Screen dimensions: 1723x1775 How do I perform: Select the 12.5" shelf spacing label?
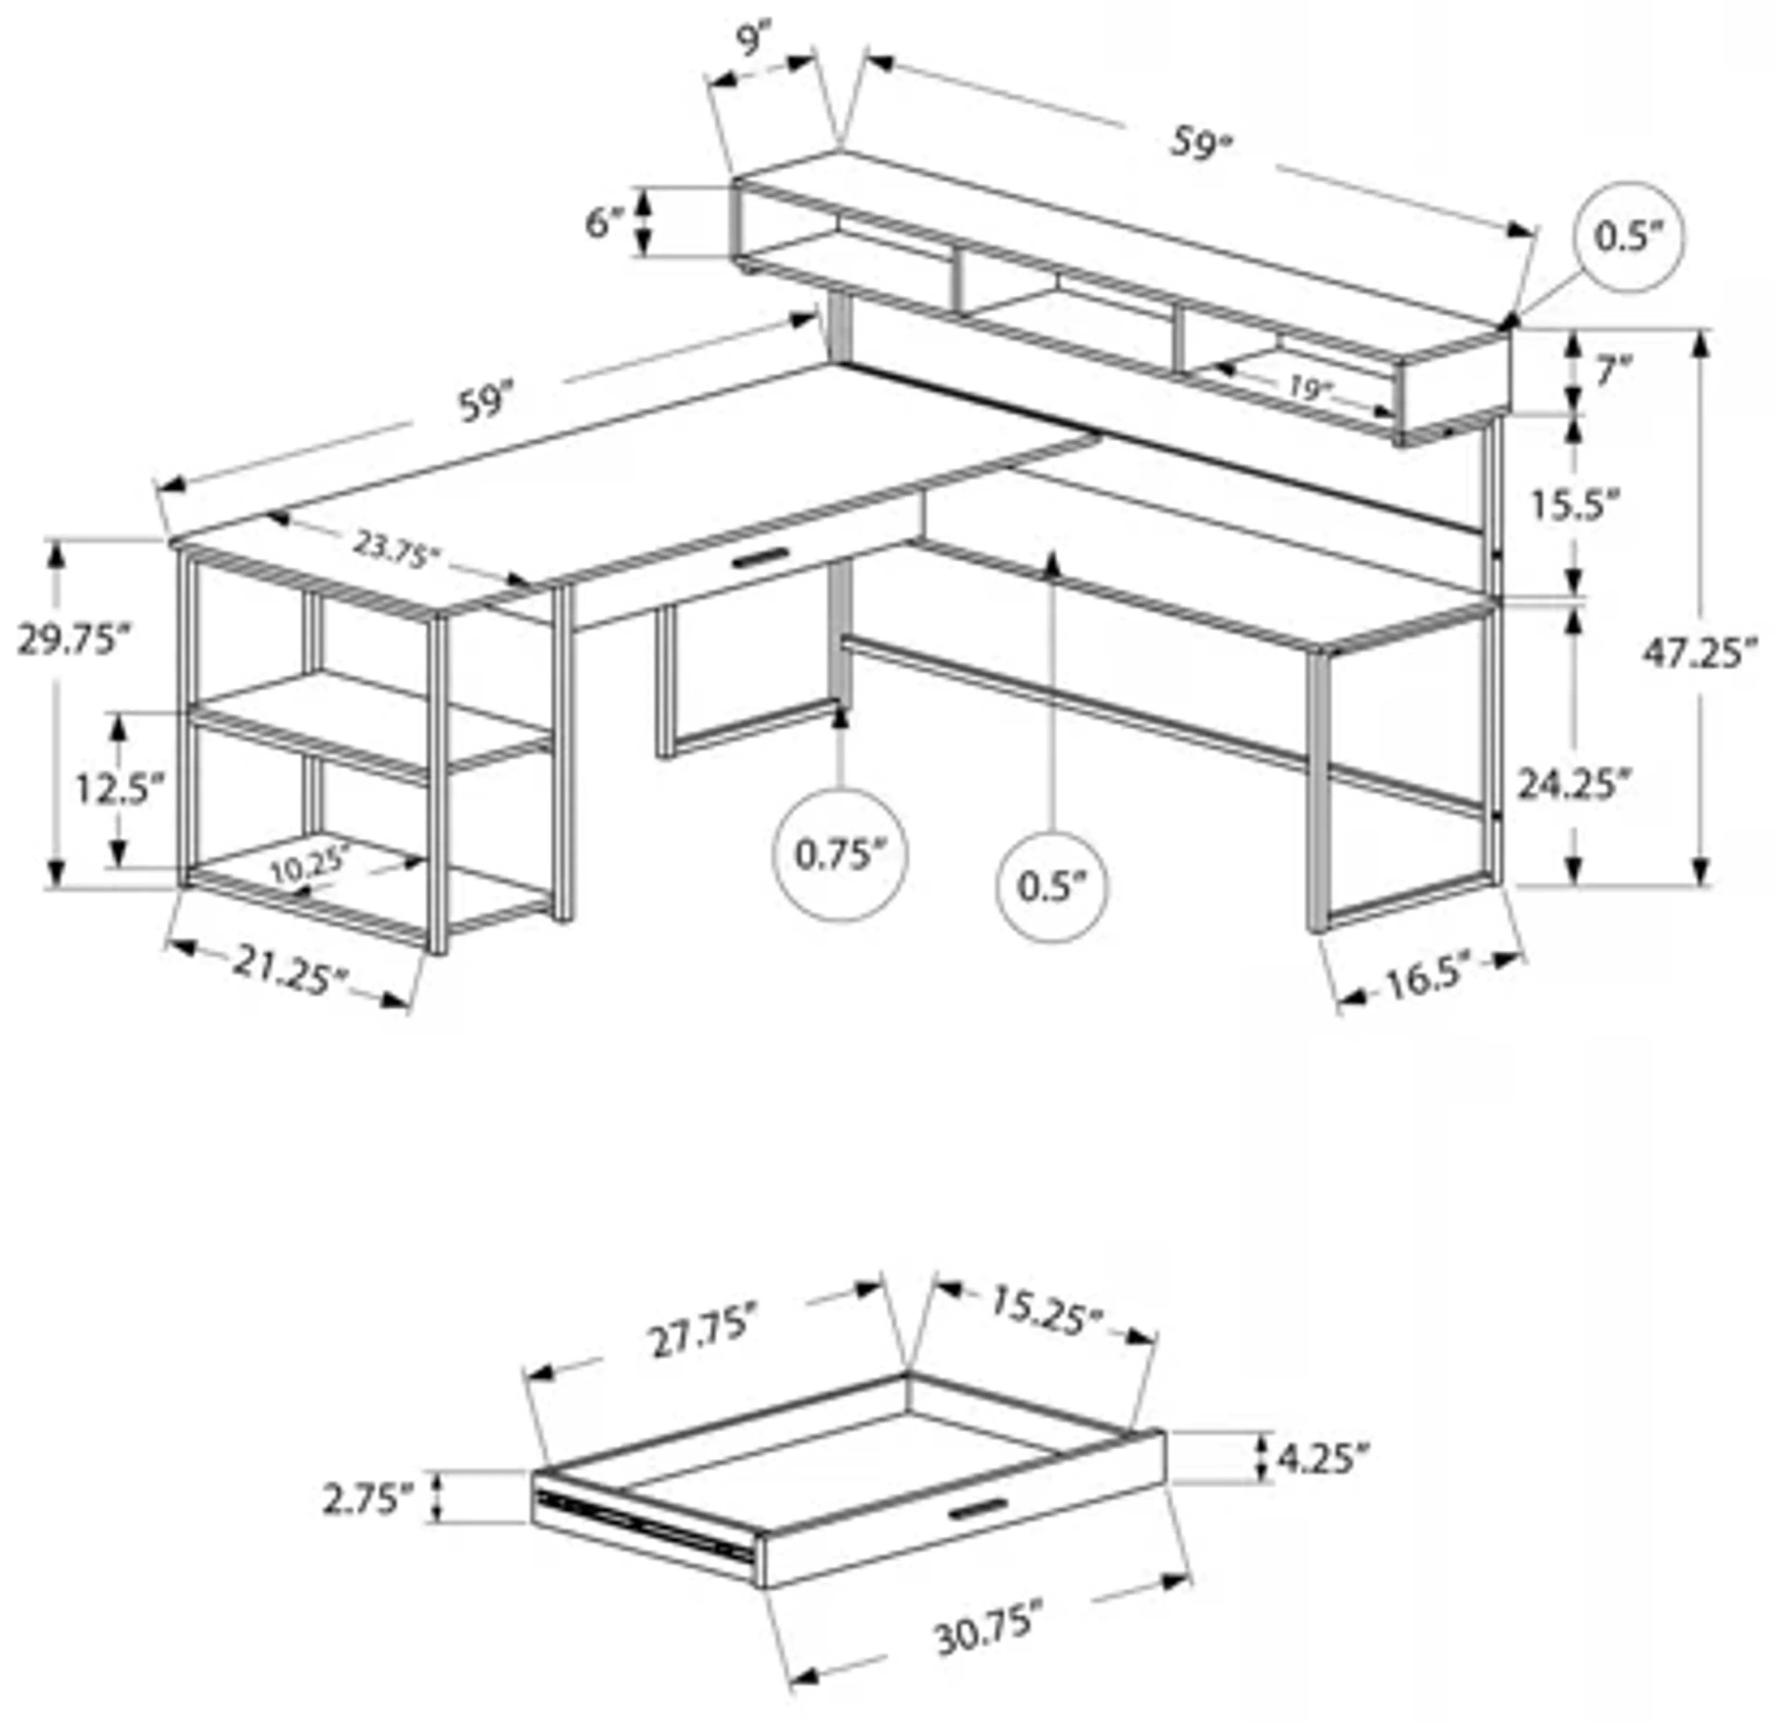(120, 789)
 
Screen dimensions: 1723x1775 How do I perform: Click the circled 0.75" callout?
(839, 854)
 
